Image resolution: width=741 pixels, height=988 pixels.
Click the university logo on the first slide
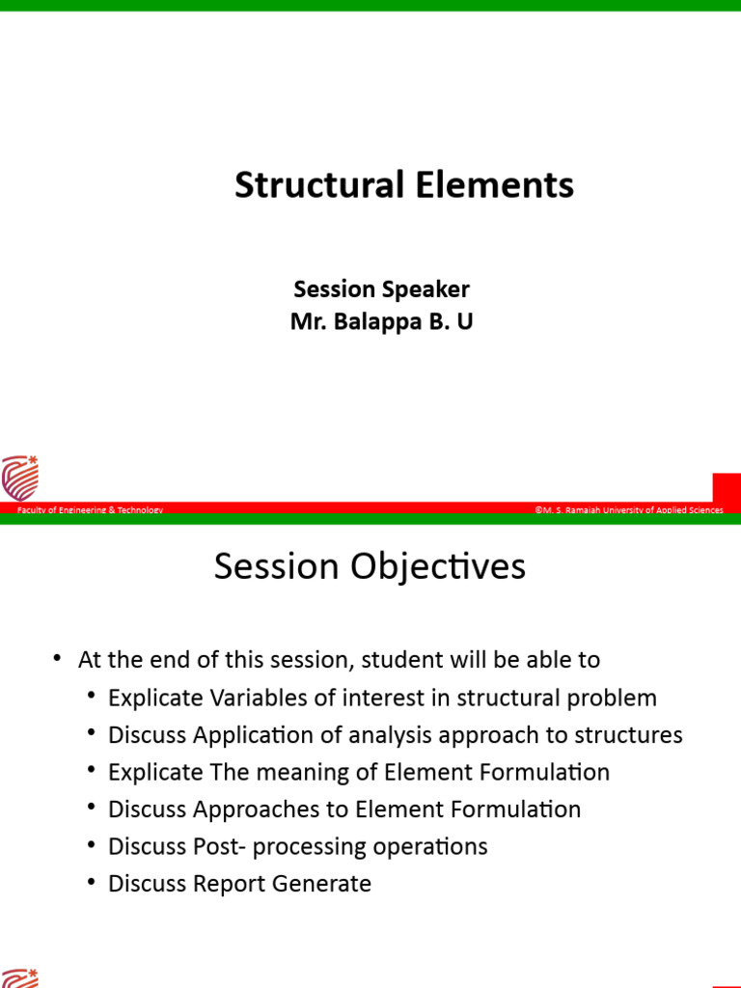tap(20, 478)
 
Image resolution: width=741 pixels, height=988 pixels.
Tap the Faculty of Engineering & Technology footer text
tap(90, 509)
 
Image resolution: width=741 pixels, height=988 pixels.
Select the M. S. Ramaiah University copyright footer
tap(628, 509)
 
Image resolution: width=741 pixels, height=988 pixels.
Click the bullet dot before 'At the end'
tap(58, 659)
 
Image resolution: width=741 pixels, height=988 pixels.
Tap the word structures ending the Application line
tap(628, 735)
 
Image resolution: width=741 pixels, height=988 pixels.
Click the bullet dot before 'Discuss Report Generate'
tap(92, 882)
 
